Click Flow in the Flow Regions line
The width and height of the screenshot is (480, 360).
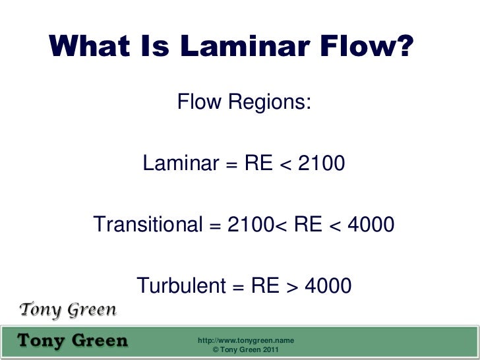(x=199, y=103)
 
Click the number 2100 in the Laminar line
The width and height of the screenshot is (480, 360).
(x=321, y=163)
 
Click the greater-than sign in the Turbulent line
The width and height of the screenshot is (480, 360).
(x=292, y=287)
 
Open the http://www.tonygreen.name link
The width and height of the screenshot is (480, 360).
(x=246, y=340)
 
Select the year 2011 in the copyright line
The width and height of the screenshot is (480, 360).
(x=269, y=350)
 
